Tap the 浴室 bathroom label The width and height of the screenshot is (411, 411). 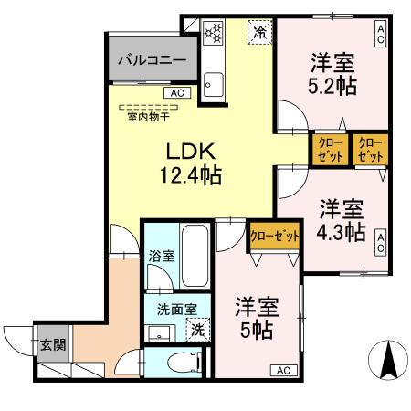click(x=160, y=258)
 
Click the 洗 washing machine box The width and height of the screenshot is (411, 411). click(x=197, y=330)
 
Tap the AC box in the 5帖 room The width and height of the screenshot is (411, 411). click(x=282, y=370)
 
